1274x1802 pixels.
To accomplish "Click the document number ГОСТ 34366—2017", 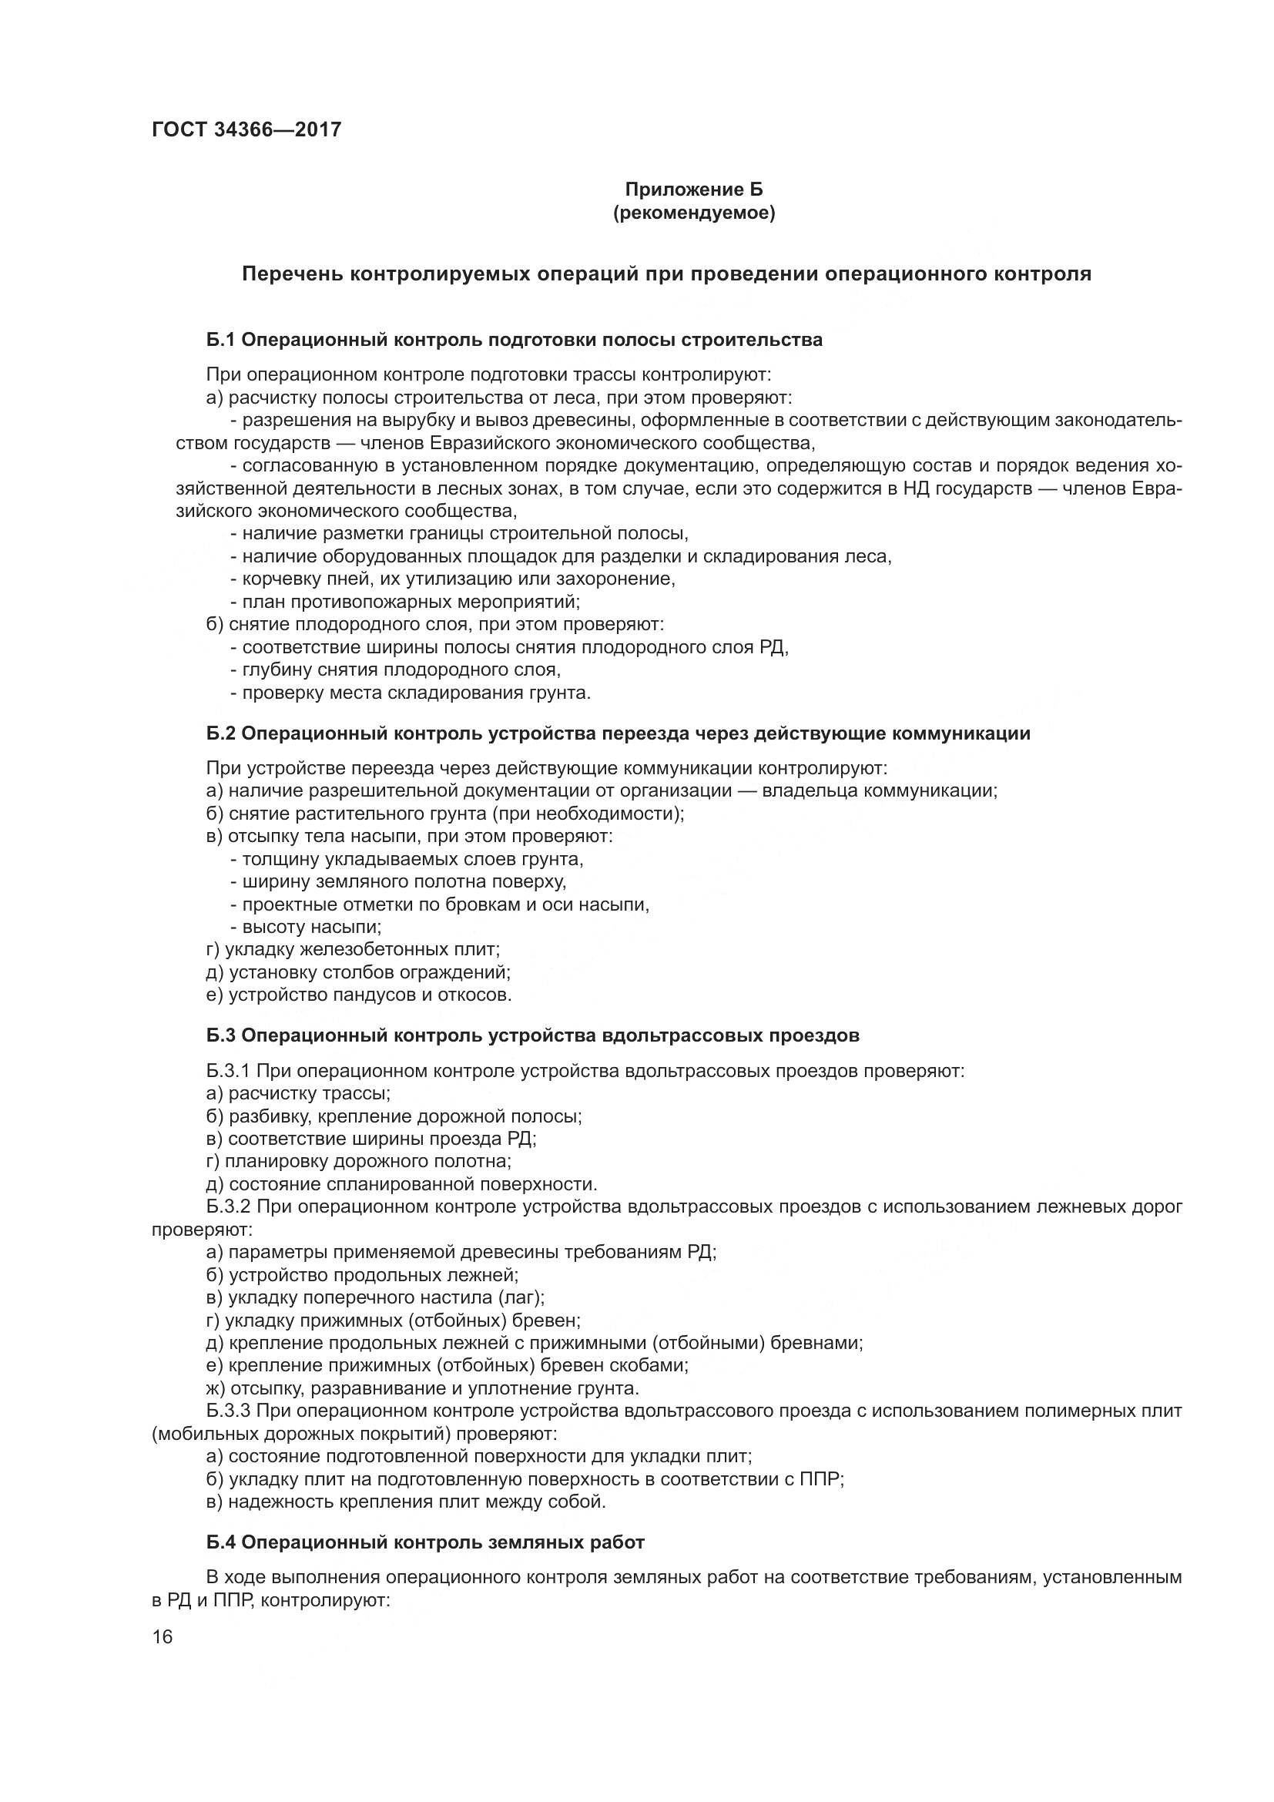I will coord(246,129).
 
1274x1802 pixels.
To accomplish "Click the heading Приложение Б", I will coord(693,190).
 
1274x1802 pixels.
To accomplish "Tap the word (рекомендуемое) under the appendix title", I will coord(693,213).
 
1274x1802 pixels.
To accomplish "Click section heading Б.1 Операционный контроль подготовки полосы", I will coord(515,340).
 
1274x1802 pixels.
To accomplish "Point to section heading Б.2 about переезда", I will coord(619,733).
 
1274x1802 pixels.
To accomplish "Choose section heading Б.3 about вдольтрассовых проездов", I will coord(533,1035).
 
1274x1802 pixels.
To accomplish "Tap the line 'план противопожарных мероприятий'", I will coord(405,602).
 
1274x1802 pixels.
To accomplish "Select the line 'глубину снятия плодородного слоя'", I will coord(395,669).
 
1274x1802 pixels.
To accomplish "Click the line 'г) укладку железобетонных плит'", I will coord(353,949).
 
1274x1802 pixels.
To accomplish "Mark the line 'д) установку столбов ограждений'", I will coord(358,972).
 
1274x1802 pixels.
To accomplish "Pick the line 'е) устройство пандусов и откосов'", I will coord(359,995).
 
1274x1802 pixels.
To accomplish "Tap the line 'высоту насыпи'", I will coord(306,927).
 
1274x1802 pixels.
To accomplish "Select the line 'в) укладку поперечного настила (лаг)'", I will coord(375,1297).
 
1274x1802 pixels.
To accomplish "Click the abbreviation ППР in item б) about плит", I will coord(821,1479).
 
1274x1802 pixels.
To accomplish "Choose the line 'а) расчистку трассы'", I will coord(298,1092).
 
